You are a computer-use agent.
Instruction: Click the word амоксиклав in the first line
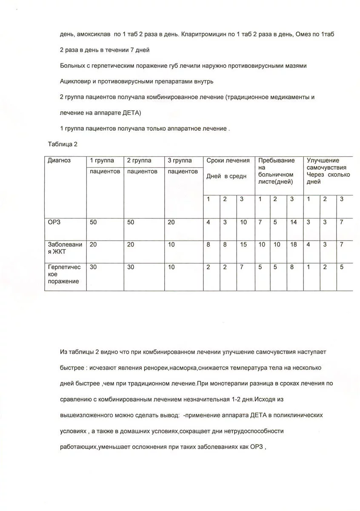(94, 34)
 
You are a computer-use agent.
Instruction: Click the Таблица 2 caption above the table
(62, 144)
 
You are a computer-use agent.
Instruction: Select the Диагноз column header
(59, 161)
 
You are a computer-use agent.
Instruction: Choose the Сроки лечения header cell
(228, 161)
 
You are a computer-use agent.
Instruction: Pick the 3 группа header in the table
(180, 161)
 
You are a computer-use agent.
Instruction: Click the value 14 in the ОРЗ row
(293, 222)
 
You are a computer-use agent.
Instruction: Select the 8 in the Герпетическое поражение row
(291, 267)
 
